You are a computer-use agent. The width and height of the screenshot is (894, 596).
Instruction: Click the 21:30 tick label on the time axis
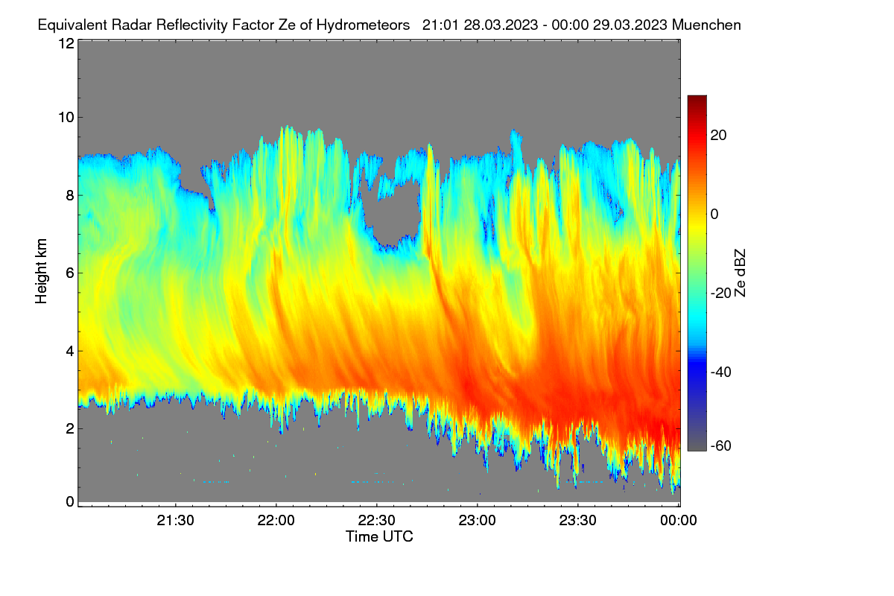(175, 521)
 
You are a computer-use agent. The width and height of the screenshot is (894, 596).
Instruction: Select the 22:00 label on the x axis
(276, 521)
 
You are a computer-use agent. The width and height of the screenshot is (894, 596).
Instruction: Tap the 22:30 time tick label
(376, 521)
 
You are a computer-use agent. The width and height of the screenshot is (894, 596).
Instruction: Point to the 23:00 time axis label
(477, 521)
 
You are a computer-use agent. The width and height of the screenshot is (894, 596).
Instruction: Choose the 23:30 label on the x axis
(577, 521)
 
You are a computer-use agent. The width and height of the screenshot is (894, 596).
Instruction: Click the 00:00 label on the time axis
(679, 521)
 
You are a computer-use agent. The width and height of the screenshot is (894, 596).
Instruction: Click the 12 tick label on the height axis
(66, 43)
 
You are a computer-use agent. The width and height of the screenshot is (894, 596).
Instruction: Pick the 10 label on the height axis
(66, 118)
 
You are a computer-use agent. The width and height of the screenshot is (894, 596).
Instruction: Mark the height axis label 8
(71, 195)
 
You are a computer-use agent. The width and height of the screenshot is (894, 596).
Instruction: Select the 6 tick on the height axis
(71, 273)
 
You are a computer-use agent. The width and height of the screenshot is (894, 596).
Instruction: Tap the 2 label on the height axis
(71, 428)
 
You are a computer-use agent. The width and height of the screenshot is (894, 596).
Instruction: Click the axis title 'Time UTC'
(379, 536)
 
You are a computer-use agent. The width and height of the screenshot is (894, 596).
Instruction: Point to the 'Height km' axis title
(41, 271)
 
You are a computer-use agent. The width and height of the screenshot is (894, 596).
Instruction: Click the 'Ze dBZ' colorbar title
(740, 273)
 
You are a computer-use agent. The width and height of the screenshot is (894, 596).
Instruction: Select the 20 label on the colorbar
(718, 136)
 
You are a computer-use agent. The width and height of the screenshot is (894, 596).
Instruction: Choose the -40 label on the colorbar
(721, 372)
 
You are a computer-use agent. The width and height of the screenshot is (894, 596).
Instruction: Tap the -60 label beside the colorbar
(721, 446)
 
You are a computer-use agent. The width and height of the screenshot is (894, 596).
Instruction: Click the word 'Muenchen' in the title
(706, 25)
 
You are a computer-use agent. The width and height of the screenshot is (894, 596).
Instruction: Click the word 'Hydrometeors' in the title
(363, 25)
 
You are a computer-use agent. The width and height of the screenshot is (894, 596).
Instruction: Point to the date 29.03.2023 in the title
(630, 25)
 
